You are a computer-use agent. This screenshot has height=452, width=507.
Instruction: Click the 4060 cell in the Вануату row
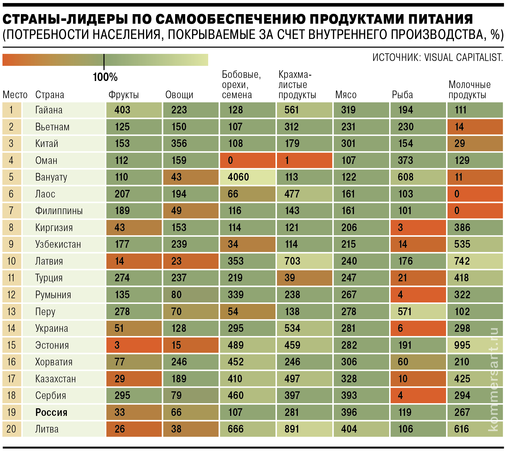point(238,177)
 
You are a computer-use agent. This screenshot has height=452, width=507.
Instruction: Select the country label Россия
point(51,412)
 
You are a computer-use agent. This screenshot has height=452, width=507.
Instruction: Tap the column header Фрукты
point(124,95)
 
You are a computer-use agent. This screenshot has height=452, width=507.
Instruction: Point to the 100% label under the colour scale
point(105,77)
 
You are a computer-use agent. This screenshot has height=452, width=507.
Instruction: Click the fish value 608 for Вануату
point(405,177)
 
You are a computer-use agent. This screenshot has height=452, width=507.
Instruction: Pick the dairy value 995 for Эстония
point(462,345)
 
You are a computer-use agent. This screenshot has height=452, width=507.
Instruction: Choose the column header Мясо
point(346,95)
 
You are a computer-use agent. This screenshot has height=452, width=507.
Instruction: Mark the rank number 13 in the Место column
point(11,312)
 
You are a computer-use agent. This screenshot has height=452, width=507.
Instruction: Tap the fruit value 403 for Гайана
point(122,110)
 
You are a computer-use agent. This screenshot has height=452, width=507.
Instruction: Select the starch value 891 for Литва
point(292,429)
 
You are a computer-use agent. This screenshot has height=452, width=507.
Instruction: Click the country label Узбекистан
point(58,244)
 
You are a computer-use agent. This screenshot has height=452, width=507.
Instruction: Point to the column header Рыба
point(402,95)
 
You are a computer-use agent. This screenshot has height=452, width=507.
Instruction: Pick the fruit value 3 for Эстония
point(117,345)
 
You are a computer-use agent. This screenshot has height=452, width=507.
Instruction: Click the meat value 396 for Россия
point(349,412)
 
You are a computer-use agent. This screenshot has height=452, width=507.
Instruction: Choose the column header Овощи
point(179,95)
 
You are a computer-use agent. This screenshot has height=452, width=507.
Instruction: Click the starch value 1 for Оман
point(287,161)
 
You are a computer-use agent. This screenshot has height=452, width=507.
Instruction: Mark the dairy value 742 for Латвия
point(462,261)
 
